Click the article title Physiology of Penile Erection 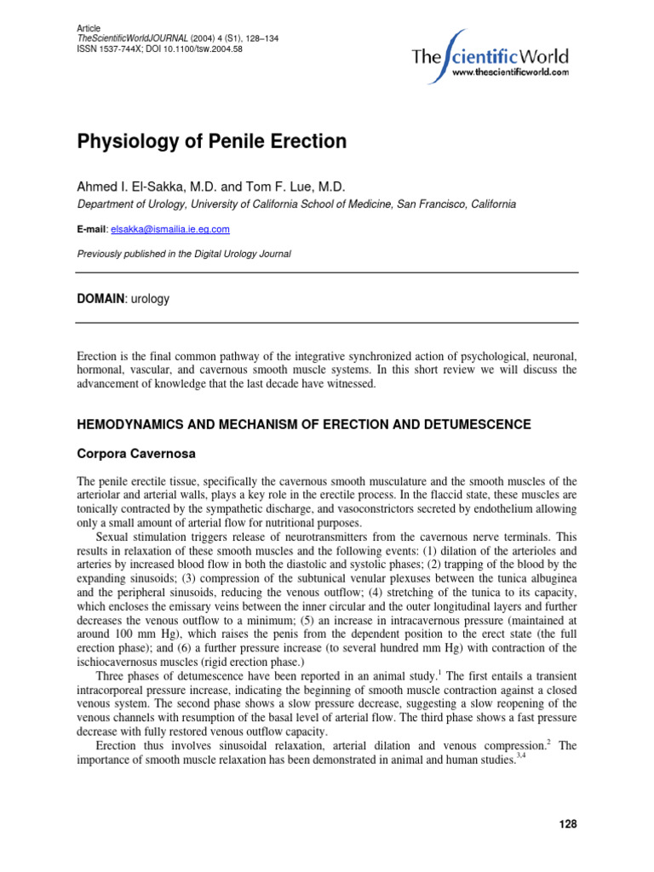click(212, 142)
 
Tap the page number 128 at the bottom click(568, 823)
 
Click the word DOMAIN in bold click(100, 299)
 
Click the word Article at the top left click(89, 28)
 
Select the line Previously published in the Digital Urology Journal click(184, 254)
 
